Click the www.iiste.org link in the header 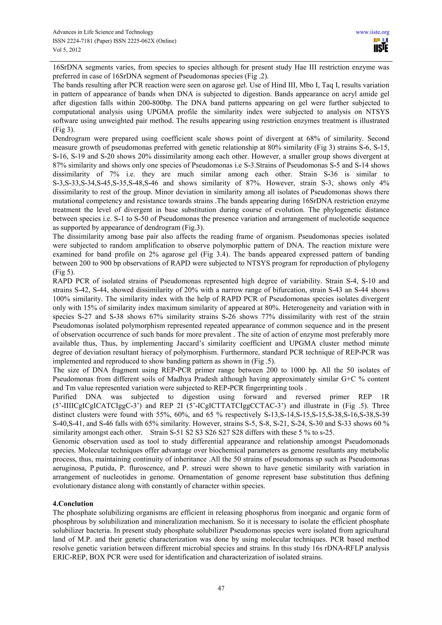tap(372, 32)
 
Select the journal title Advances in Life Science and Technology tap(103, 32)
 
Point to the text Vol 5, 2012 tap(67, 50)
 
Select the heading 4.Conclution tap(73, 504)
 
